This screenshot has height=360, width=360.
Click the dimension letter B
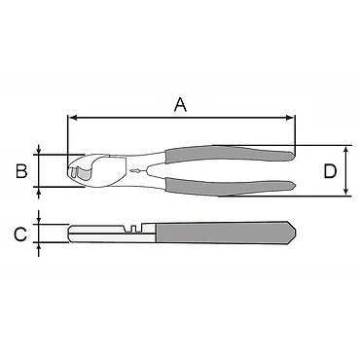[x=20, y=171]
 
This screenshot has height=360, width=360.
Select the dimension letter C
[x=20, y=234]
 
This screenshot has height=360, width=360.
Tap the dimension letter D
[x=330, y=172]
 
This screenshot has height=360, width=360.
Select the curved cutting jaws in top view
[x=92, y=169]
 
